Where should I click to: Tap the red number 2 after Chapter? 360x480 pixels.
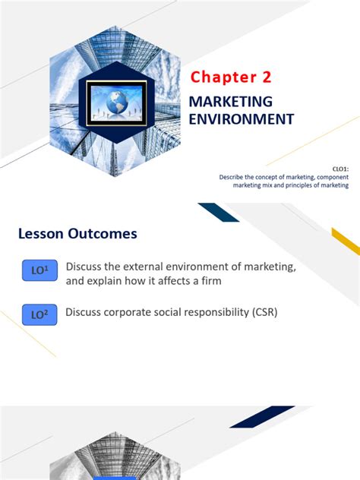pyautogui.click(x=263, y=77)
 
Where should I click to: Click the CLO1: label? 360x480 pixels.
pyautogui.click(x=339, y=171)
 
